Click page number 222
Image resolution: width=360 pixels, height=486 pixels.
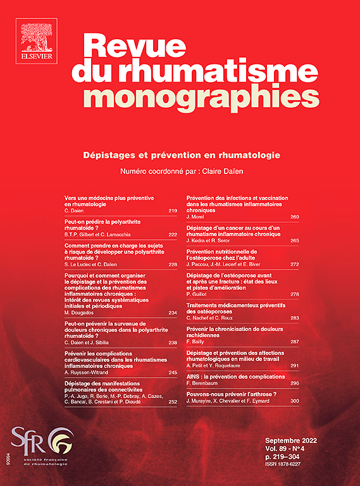click(172, 234)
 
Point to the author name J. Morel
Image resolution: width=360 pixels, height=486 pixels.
click(197, 217)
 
